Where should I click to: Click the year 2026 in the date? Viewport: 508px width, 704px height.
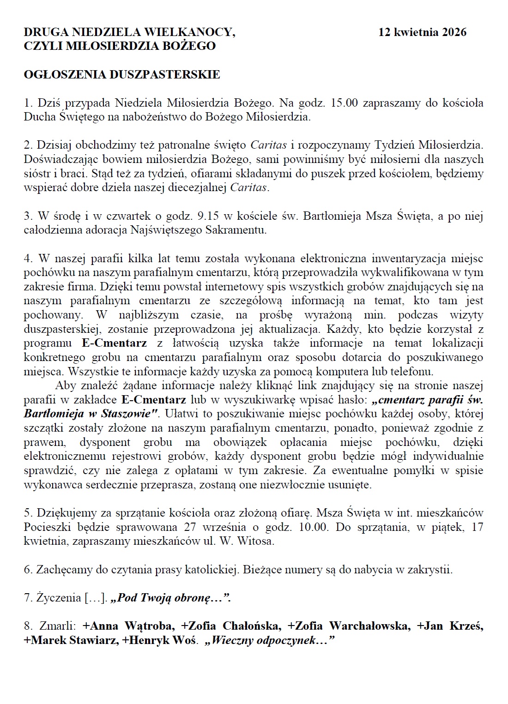[454, 32]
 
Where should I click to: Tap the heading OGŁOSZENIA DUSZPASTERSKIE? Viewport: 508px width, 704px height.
[122, 74]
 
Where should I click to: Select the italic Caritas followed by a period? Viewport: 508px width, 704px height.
[249, 188]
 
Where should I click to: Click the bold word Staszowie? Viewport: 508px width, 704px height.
[127, 414]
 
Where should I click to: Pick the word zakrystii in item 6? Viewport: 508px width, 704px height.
[432, 570]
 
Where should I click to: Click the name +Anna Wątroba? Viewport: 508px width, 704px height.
[129, 626]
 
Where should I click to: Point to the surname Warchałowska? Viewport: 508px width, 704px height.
[369, 626]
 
